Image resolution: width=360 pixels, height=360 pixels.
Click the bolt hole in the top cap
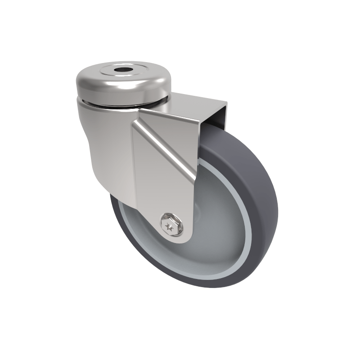(x=122, y=71)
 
